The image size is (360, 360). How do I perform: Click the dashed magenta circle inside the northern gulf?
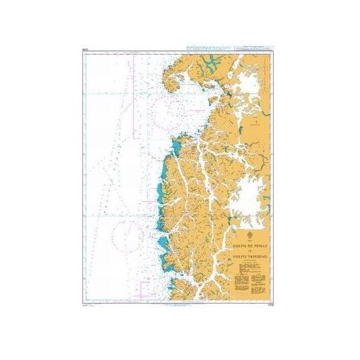click(177, 103)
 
